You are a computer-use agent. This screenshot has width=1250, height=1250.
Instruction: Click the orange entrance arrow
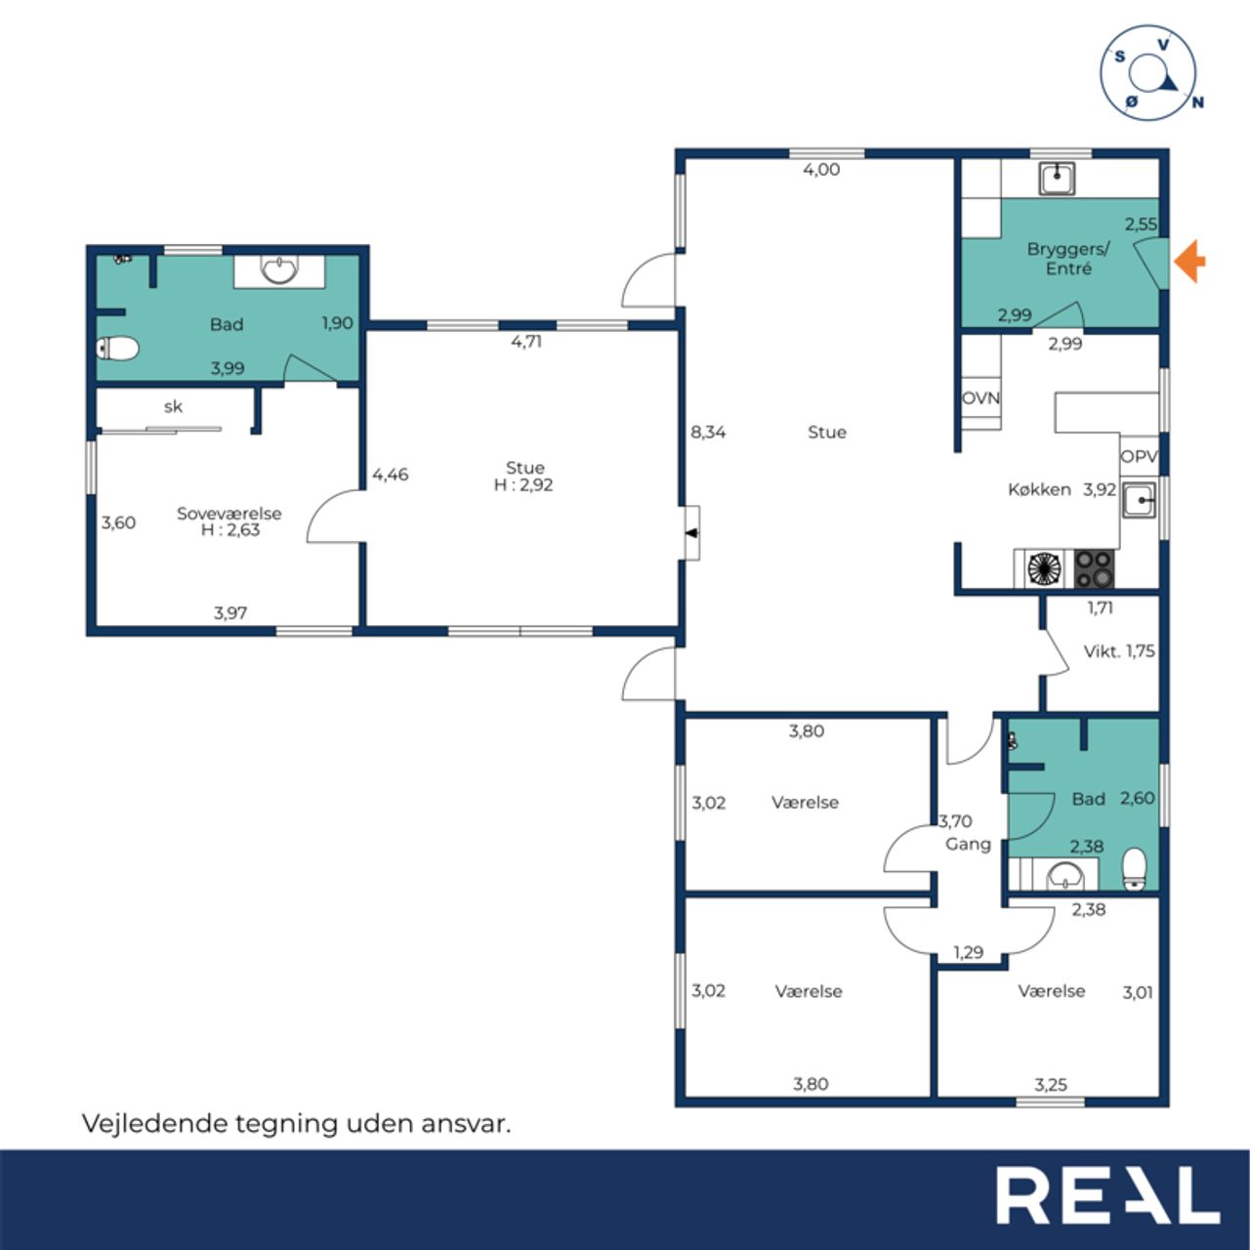1189,261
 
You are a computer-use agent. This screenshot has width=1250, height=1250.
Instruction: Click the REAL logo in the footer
1107,1194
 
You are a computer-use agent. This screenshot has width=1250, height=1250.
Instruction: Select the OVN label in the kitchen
980,397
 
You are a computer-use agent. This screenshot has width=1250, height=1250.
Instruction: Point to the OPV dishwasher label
1139,457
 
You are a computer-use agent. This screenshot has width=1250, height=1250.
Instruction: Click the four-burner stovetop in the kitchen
1095,569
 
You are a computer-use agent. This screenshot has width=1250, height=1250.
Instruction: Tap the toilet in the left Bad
117,349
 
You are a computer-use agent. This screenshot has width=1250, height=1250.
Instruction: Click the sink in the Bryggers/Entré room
1058,179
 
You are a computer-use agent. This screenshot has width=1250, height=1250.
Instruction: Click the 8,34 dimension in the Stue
708,432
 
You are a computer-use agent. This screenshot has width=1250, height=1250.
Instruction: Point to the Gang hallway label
968,844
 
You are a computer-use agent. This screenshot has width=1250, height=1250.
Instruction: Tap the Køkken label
1039,489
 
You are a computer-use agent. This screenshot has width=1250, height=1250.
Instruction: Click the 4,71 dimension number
526,341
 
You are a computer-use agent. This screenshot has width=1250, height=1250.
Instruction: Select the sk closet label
173,406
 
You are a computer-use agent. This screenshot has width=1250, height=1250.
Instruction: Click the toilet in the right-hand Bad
1135,869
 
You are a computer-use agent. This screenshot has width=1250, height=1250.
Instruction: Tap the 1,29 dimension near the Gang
968,952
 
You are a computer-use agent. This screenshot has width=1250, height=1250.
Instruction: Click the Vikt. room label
1101,651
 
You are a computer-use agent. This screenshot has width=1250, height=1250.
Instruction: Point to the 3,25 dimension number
1050,1085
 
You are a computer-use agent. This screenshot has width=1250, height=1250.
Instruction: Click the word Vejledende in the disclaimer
154,1123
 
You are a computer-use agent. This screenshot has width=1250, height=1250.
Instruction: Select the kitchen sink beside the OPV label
1139,500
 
